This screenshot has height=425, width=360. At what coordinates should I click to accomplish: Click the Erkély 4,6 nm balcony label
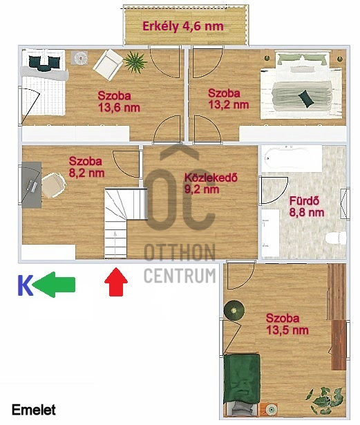pyautogui.click(x=183, y=26)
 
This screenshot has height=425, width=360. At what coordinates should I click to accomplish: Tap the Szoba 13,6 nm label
pyautogui.click(x=119, y=102)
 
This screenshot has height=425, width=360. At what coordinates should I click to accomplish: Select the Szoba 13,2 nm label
pyautogui.click(x=228, y=99)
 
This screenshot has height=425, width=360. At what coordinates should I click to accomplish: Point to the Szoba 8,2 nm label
pyautogui.click(x=87, y=167)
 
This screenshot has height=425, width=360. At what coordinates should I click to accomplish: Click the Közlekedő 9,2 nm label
pyautogui.click(x=211, y=183)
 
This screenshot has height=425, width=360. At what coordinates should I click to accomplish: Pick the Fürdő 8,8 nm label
pyautogui.click(x=307, y=207)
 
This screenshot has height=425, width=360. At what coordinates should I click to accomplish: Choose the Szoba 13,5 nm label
pyautogui.click(x=287, y=324)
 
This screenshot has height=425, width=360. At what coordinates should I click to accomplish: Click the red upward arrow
pyautogui.click(x=116, y=282)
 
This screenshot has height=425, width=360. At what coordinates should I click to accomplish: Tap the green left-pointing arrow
pyautogui.click(x=54, y=285)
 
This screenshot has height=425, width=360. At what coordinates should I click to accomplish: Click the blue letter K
pyautogui.click(x=25, y=285)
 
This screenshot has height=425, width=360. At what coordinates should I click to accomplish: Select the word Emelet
pyautogui.click(x=34, y=410)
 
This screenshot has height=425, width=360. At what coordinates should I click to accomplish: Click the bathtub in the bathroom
pyautogui.click(x=292, y=158)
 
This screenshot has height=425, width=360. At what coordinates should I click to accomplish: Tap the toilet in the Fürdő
pyautogui.click(x=336, y=238)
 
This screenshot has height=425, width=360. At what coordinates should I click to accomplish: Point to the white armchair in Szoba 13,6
pyautogui.click(x=108, y=66)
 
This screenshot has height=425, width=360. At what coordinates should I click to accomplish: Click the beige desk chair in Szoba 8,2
pyautogui.click(x=53, y=185)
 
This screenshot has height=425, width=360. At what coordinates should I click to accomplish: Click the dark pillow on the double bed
pyautogui.click(x=306, y=98)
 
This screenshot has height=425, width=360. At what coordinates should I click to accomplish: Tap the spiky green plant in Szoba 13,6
pyautogui.click(x=135, y=62)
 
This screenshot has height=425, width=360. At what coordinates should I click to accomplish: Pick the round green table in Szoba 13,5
pyautogui.click(x=234, y=310)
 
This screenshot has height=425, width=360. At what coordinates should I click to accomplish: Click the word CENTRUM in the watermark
pyautogui.click(x=180, y=276)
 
